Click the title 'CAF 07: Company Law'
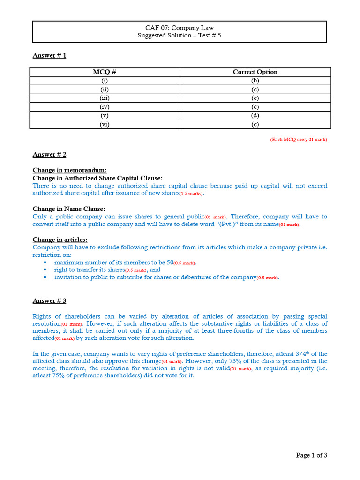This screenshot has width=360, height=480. click(180, 28)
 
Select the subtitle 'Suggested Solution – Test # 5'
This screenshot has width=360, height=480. click(180, 35)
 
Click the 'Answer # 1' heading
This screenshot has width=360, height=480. click(49, 55)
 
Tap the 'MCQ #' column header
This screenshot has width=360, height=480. click(105, 72)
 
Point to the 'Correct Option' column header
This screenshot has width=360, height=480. click(255, 72)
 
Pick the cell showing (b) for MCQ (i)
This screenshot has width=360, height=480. click(255, 81)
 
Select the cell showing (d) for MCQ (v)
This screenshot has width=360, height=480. click(255, 115)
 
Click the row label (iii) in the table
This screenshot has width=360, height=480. click(105, 98)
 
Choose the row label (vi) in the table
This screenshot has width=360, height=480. click(105, 124)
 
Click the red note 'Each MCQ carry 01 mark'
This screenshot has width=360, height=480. click(298, 140)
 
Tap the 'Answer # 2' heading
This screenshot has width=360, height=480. click(49, 154)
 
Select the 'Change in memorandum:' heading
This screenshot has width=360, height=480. click(69, 170)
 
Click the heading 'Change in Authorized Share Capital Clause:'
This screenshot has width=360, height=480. click(97, 178)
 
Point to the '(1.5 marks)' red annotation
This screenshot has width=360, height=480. click(192, 194)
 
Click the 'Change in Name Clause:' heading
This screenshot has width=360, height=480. click(69, 209)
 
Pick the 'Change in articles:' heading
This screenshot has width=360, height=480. click(60, 240)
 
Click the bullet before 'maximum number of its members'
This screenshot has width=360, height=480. click(45, 262)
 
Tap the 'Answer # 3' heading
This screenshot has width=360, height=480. click(49, 300)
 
